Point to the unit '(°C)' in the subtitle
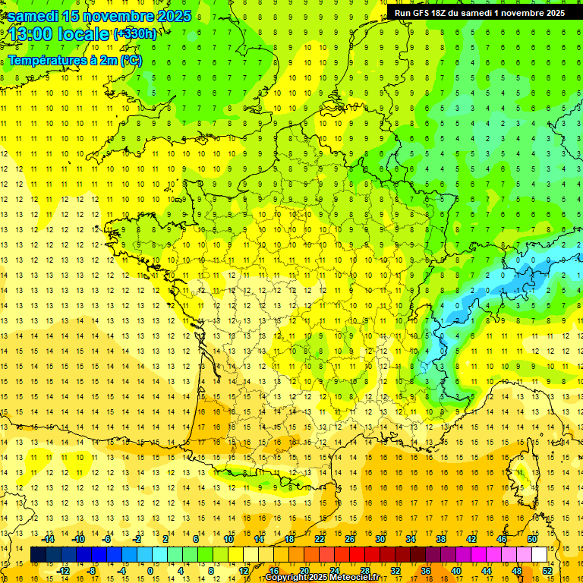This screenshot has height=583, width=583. [131, 61]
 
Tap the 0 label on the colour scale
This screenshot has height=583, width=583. [150, 571]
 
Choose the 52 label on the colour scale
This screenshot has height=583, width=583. [547, 571]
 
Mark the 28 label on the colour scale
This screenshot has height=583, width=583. [364, 571]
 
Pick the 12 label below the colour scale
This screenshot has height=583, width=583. [244, 571]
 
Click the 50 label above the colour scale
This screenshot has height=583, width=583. [531, 539]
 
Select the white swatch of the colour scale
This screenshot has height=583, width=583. [540, 555]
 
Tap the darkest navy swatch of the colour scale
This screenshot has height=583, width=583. [38, 555]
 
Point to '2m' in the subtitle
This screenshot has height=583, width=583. [109, 61]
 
